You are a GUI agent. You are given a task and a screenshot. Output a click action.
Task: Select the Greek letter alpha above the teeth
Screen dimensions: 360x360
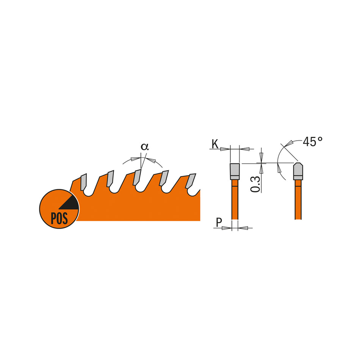pyautogui.click(x=144, y=147)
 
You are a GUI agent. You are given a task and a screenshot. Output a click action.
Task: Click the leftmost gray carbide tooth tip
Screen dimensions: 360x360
pyautogui.click(x=83, y=181)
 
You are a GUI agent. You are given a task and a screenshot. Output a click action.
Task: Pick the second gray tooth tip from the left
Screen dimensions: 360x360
pyautogui.click(x=110, y=178)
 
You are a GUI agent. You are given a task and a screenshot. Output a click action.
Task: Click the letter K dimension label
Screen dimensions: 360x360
pyautogui.click(x=215, y=144)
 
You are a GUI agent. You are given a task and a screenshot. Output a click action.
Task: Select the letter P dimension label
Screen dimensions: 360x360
pyautogui.click(x=218, y=223)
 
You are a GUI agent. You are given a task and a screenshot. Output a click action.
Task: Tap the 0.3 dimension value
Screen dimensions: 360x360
pyautogui.click(x=257, y=184)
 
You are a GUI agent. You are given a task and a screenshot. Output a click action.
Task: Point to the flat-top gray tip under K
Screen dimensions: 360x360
pyautogui.click(x=235, y=171)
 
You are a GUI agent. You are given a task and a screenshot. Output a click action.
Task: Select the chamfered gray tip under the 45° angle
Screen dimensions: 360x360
pyautogui.click(x=298, y=171)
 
